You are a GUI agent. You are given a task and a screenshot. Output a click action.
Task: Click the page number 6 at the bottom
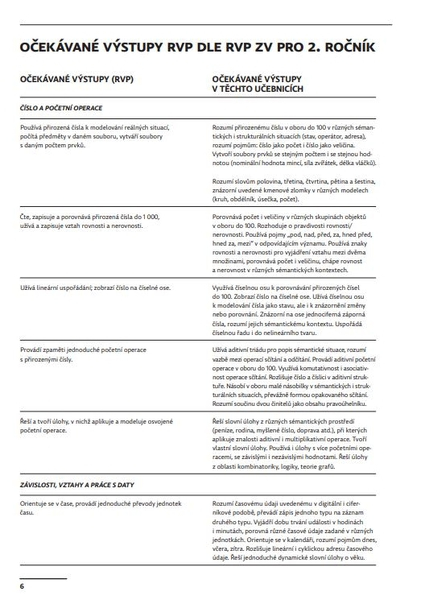(x=22, y=586)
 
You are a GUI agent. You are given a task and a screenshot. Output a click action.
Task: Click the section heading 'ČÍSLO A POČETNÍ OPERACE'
(x=61, y=108)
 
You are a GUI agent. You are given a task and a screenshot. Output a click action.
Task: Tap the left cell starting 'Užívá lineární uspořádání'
(x=95, y=288)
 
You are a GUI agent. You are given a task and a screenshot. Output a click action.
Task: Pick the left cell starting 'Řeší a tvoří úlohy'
(x=96, y=426)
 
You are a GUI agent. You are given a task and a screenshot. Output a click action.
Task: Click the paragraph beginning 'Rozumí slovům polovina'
(x=293, y=190)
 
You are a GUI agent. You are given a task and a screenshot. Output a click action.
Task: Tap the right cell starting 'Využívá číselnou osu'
(x=289, y=310)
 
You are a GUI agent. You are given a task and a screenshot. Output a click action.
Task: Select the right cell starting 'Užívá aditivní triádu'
(x=293, y=377)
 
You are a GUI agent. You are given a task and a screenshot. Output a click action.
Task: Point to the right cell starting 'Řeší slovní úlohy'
(x=290, y=444)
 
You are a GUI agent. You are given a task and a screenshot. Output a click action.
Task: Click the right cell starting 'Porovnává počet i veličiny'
(x=290, y=243)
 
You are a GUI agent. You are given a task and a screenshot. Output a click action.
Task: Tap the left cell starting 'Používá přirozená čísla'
(x=95, y=137)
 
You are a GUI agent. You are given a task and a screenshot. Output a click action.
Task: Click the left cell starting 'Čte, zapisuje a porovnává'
(x=90, y=221)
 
